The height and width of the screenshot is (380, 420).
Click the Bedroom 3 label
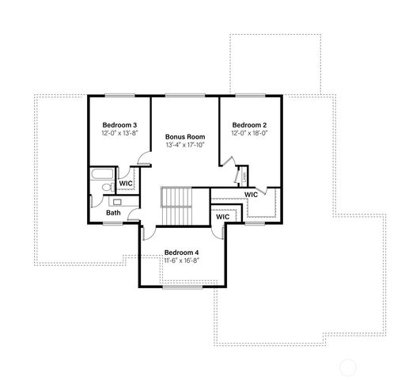[119, 125]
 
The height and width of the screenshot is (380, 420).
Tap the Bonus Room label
[184, 136]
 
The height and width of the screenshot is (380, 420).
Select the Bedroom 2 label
[249, 125]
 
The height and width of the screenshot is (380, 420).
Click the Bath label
[114, 212]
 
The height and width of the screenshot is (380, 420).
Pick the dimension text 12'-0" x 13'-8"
[119, 134]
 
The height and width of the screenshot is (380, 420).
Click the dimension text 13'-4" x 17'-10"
[184, 145]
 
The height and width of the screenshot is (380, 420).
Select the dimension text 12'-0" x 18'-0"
[249, 134]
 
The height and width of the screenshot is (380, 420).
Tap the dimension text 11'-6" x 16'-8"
[181, 260]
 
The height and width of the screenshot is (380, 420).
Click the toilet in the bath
[103, 188]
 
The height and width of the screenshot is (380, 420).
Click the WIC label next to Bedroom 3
[125, 184]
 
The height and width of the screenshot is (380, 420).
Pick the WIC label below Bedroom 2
[251, 195]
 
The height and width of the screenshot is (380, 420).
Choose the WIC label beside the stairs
[222, 215]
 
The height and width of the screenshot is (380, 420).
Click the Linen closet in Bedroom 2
[242, 176]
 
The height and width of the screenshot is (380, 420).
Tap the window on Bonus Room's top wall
[184, 95]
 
